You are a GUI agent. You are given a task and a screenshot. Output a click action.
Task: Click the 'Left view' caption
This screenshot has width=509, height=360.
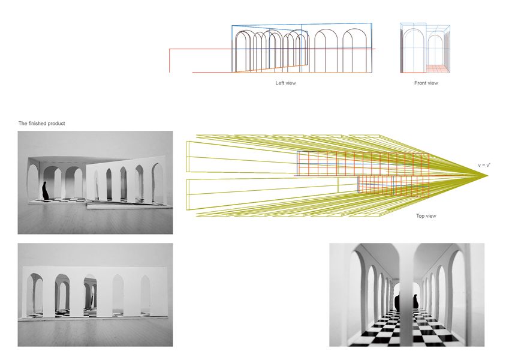[x=285, y=83]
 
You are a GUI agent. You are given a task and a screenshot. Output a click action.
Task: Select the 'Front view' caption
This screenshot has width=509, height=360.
[x=426, y=83]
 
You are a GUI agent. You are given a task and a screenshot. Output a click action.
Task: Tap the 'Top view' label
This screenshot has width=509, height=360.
[x=426, y=215]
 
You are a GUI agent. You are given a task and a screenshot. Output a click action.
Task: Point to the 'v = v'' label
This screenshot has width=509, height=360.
[x=485, y=165]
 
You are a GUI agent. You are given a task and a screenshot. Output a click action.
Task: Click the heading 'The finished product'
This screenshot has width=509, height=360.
[x=41, y=124]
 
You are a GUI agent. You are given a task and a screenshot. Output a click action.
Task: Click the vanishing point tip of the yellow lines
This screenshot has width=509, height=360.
[x=488, y=175]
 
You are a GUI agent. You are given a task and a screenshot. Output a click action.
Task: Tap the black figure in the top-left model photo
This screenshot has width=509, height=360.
[x=46, y=191]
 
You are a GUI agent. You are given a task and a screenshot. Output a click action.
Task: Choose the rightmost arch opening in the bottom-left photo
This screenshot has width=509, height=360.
[x=146, y=294]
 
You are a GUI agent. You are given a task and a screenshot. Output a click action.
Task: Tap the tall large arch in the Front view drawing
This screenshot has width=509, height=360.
[x=414, y=51]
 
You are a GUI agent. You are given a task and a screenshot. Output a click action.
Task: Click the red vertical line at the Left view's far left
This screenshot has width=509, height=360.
[x=170, y=60]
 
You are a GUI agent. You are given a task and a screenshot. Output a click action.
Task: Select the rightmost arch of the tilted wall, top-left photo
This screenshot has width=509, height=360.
[x=158, y=180]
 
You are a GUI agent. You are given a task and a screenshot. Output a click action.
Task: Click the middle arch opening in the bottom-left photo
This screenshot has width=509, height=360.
[x=91, y=294]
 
